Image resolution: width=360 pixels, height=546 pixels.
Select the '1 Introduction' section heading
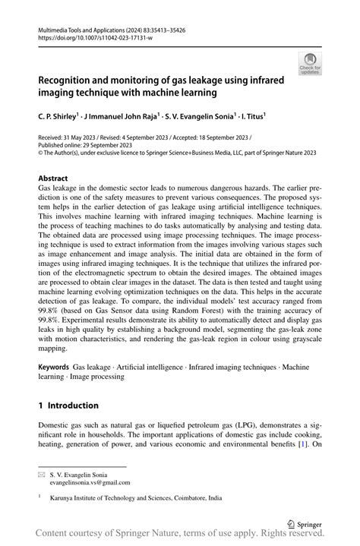(68, 406)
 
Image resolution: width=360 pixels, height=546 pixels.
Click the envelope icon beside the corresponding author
(42, 473)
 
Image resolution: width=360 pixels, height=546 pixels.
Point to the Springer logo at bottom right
(302, 522)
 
